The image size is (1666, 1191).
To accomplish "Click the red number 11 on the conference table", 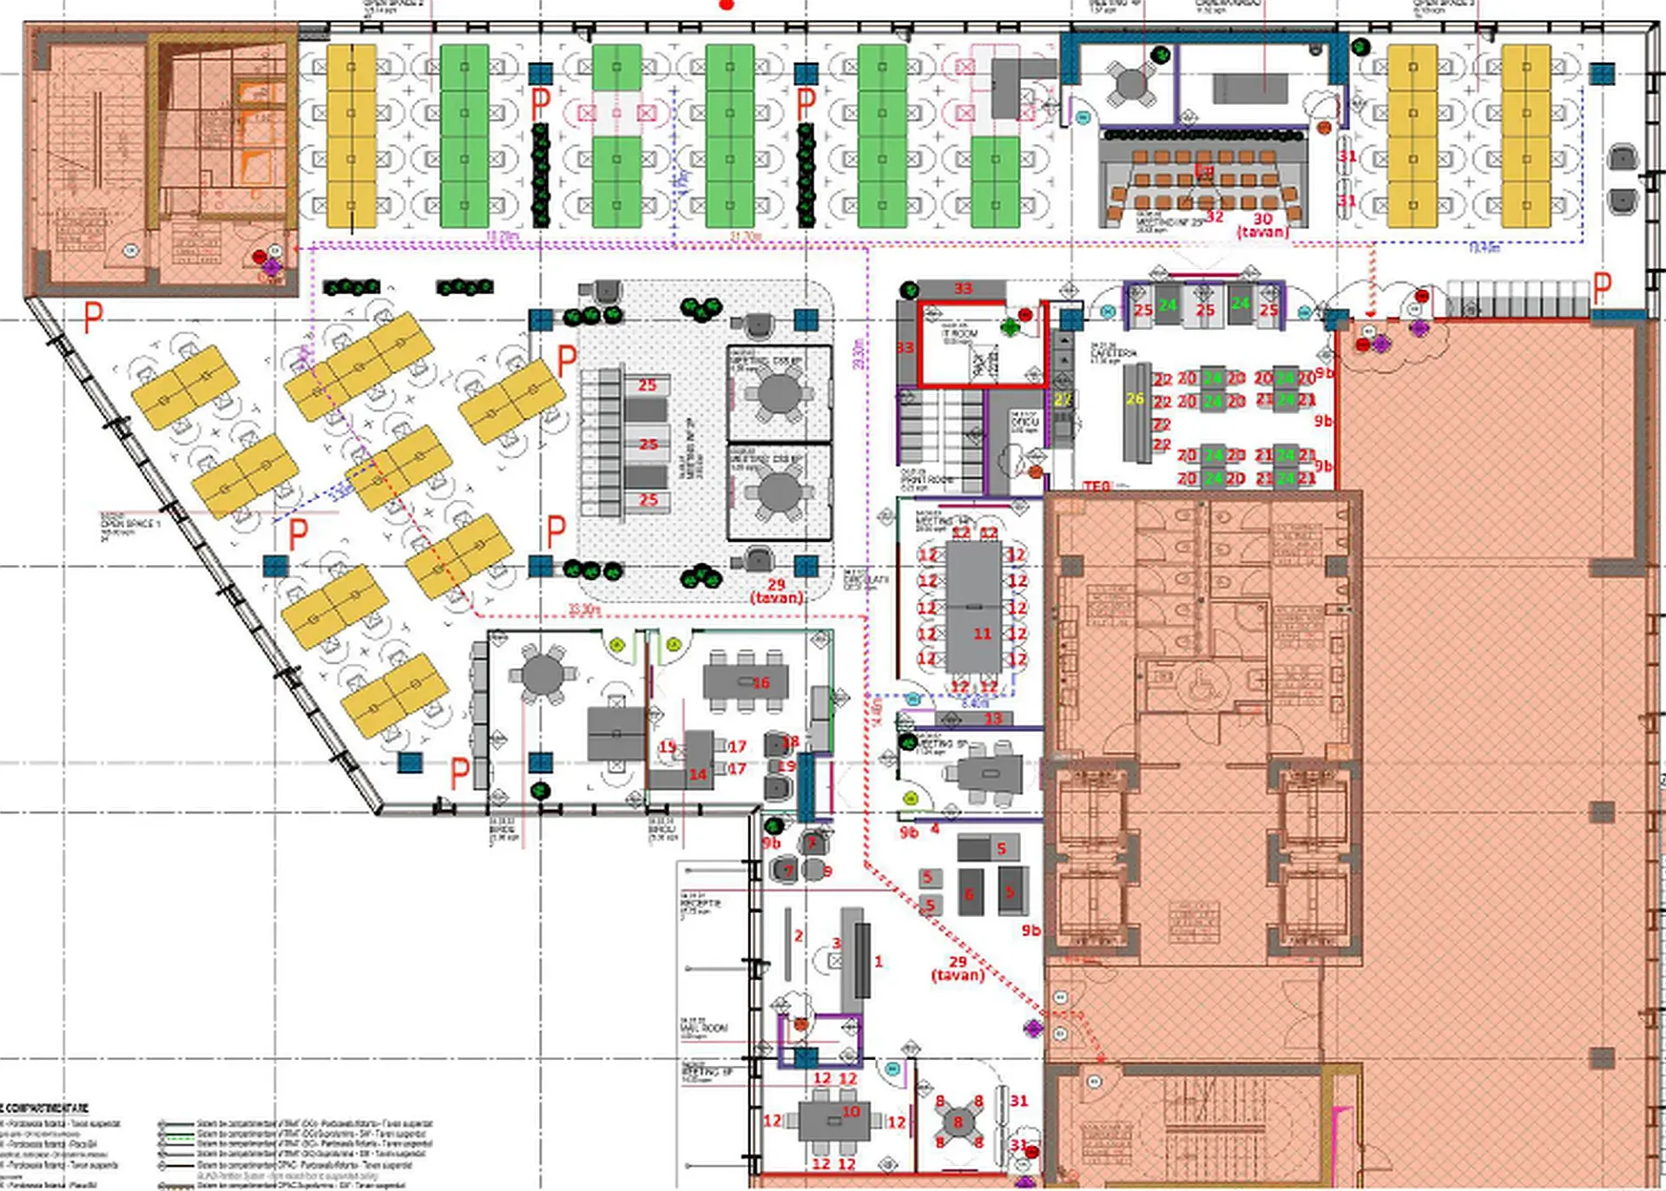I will pyautogui.click(x=982, y=634).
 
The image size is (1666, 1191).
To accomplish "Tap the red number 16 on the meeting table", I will pyautogui.click(x=761, y=683).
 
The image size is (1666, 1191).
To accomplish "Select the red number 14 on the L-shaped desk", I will pyautogui.click(x=698, y=773).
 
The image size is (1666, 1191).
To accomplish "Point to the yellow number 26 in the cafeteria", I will pyautogui.click(x=1135, y=398).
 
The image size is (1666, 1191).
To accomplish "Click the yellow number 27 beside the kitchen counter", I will pyautogui.click(x=1063, y=400).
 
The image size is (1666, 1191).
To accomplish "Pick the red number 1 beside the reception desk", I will pyautogui.click(x=879, y=961).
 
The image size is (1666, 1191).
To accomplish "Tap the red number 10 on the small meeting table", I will pyautogui.click(x=851, y=1111).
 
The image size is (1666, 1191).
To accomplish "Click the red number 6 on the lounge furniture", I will pyautogui.click(x=969, y=894).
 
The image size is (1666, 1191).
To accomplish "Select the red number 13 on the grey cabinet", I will pyautogui.click(x=993, y=719).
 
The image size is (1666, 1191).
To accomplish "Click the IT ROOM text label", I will pyautogui.click(x=960, y=333).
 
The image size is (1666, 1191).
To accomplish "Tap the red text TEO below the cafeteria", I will pyautogui.click(x=1096, y=487).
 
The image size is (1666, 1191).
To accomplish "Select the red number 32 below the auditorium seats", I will pyautogui.click(x=1215, y=216).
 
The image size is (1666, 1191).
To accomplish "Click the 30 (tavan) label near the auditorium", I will pyautogui.click(x=1262, y=225).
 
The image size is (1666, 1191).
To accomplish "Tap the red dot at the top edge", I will pyautogui.click(x=727, y=4).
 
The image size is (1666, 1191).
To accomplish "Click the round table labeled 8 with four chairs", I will pyautogui.click(x=958, y=1122).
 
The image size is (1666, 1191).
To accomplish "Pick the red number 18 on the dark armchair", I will pyautogui.click(x=790, y=742).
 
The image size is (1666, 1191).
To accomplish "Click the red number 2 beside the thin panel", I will pyautogui.click(x=798, y=936).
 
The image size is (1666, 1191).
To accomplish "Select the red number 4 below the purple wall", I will pyautogui.click(x=935, y=829).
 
